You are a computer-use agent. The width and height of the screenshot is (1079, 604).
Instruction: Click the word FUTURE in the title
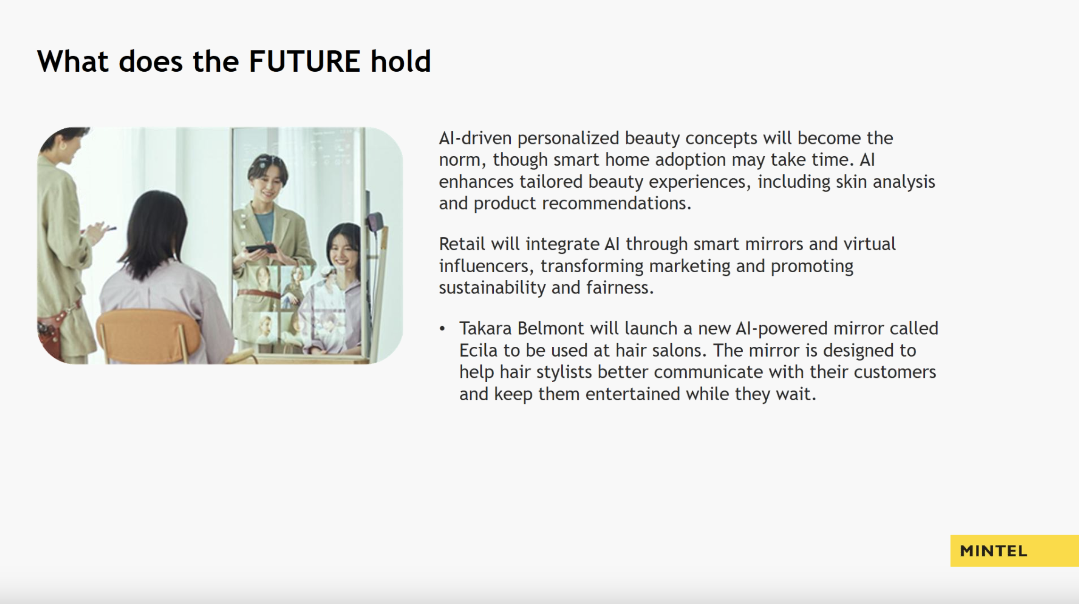pyautogui.click(x=305, y=61)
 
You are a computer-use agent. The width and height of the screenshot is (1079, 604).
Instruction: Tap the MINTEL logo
pyautogui.click(x=994, y=551)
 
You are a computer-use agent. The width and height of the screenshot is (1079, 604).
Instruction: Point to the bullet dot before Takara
pyautogui.click(x=442, y=328)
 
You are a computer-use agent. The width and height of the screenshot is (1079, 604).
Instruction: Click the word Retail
pyautogui.click(x=462, y=244)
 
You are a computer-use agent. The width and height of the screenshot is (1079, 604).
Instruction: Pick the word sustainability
pyautogui.click(x=492, y=287)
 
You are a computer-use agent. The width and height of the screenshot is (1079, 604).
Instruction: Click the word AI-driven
pyautogui.click(x=475, y=138)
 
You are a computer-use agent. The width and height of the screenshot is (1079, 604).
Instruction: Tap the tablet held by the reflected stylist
pyautogui.click(x=260, y=248)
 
